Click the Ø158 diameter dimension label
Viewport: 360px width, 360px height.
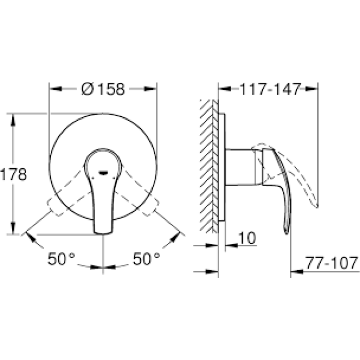click(x=103, y=88)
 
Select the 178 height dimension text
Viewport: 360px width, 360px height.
click(x=13, y=174)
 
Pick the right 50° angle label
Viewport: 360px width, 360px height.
click(x=146, y=259)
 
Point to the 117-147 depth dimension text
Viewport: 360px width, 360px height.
click(x=269, y=88)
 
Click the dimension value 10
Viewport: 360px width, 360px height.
click(x=247, y=238)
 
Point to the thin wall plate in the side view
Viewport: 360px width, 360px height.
click(x=222, y=167)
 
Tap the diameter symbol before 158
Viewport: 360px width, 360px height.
click(x=87, y=88)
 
